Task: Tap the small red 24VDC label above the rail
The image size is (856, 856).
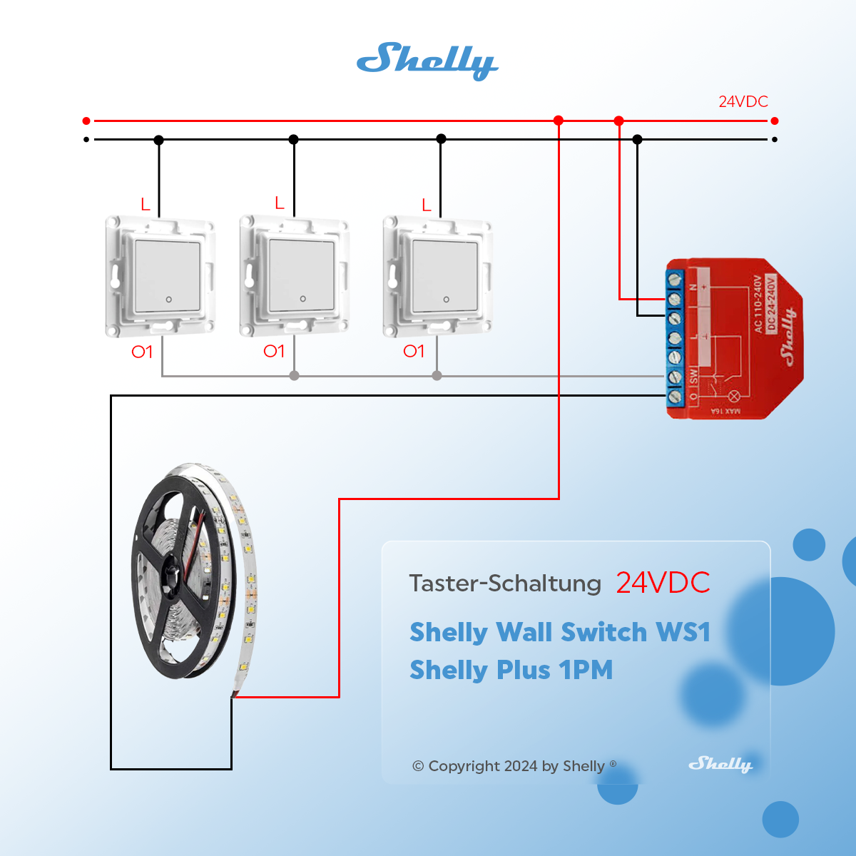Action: pos(743,101)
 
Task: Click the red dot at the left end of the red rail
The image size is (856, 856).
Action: pos(86,121)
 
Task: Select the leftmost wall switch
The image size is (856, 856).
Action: pos(160,277)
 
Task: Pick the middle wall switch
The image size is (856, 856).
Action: pos(294,276)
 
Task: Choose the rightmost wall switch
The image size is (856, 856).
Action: pos(437,277)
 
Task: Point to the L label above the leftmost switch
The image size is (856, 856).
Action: pos(146,205)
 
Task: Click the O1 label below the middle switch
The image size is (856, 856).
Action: pos(274,351)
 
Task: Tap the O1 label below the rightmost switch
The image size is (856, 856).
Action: pos(414,351)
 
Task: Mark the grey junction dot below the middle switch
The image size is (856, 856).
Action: pos(294,375)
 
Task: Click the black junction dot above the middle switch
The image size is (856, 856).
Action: pos(294,139)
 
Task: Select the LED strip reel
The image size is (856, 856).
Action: pos(193,571)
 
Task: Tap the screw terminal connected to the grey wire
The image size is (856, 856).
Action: pos(675,376)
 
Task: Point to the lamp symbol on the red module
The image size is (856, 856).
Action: pos(734,396)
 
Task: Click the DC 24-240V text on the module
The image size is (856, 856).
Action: pos(770,305)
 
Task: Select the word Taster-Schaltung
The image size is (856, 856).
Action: pos(505,584)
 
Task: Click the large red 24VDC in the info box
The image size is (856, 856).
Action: pos(663,583)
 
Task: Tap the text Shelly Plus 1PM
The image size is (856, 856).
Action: pos(511,670)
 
